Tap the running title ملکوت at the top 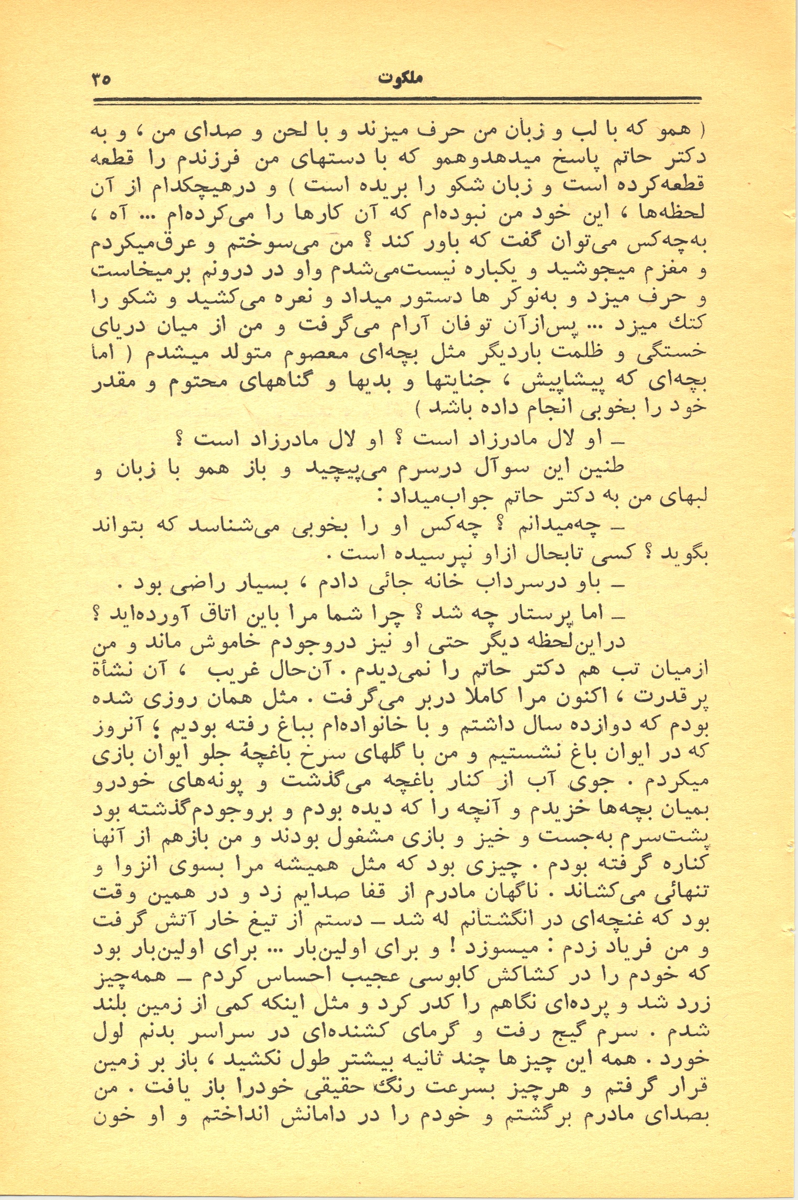pyautogui.click(x=401, y=80)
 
